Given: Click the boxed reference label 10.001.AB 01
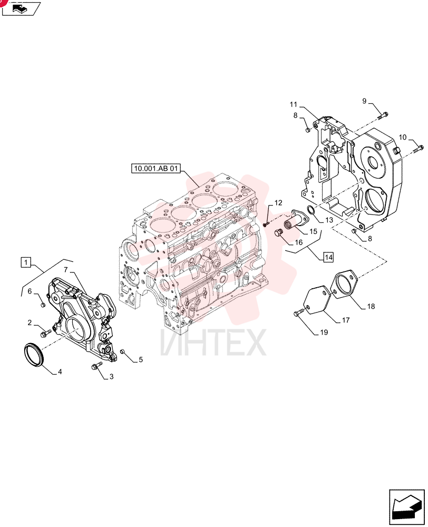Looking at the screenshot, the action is point(155,168).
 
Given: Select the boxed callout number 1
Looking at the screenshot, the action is point(26,262).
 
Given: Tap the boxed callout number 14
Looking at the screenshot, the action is point(328,258).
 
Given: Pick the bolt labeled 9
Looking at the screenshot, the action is point(383,115).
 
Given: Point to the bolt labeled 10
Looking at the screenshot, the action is point(419,148).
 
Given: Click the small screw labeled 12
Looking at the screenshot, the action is point(267,223).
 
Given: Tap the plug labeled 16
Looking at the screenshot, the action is point(278,232).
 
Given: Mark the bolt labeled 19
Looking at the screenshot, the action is point(298,313).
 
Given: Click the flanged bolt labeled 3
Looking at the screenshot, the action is point(94,366).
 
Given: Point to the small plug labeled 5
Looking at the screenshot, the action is point(123,352).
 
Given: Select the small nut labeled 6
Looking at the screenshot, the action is point(43,305).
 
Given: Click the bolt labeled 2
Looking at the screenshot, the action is point(45,334).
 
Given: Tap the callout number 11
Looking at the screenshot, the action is point(294,104).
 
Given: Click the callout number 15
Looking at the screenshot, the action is point(313,231).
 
